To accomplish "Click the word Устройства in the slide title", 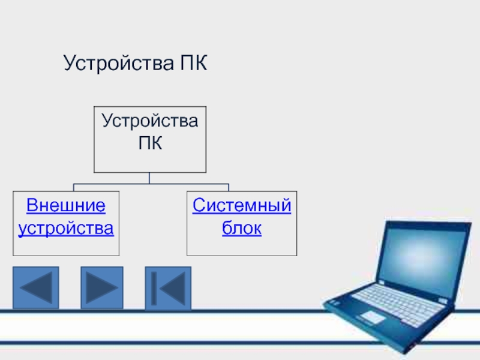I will [x=116, y=62].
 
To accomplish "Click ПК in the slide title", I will [x=191, y=62].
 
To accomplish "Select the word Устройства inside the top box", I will [x=149, y=121].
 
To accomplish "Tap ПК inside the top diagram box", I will [x=149, y=144].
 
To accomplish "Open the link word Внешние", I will [x=66, y=206].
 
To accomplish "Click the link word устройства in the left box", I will [x=66, y=229].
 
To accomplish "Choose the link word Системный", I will [x=242, y=206].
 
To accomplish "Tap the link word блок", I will [x=242, y=229].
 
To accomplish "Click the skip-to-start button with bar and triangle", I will [x=168, y=289].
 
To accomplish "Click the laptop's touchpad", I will [x=373, y=316].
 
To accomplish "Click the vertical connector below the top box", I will [x=149, y=178].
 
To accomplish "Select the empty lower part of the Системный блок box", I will [x=242, y=246].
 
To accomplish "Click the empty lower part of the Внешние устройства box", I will [x=66, y=246].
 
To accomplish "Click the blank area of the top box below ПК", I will [x=149, y=163].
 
